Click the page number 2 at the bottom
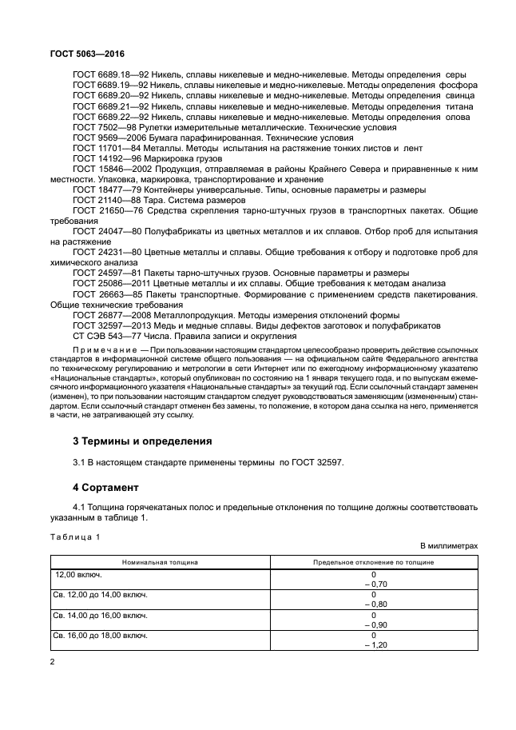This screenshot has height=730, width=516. point(52,661)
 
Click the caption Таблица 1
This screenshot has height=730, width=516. point(75,536)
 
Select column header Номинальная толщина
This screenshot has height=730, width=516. point(160,562)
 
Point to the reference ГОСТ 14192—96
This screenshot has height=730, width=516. point(101,158)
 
